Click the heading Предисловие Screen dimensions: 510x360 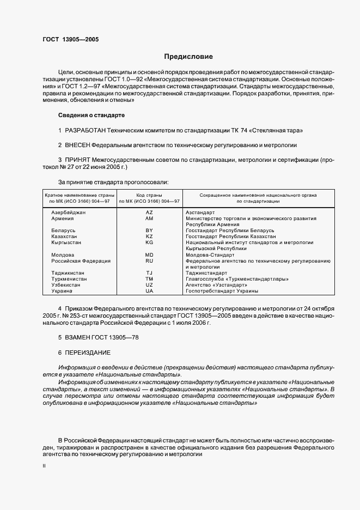click(x=188, y=57)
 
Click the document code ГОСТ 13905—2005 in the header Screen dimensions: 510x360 click(x=71, y=39)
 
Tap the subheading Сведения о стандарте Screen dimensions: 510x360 click(x=91, y=116)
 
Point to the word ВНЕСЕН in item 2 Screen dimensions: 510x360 click(x=77, y=145)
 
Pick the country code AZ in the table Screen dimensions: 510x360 click(x=149, y=212)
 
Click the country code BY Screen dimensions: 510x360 click(x=149, y=230)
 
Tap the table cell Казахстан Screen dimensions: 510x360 click(x=65, y=236)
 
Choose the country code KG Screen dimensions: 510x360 click(x=149, y=242)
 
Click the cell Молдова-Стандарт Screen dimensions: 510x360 click(x=210, y=254)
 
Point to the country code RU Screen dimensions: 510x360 click(x=149, y=261)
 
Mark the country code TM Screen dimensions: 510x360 click(x=149, y=279)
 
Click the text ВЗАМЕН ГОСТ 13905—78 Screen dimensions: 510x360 click(x=99, y=338)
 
